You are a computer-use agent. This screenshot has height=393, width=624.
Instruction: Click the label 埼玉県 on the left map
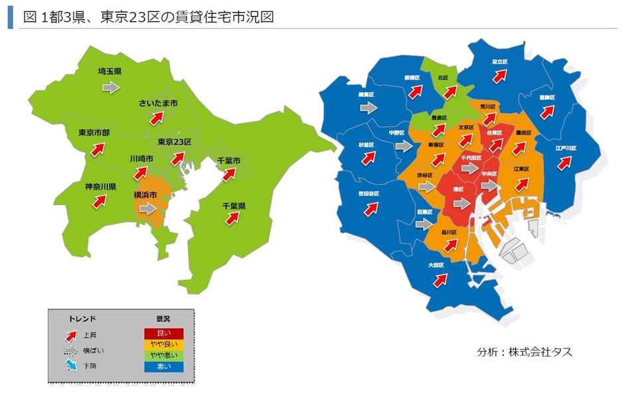(x=109, y=71)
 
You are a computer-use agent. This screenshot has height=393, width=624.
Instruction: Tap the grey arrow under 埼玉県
(x=111, y=87)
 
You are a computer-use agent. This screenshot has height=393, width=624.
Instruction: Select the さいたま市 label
(x=158, y=104)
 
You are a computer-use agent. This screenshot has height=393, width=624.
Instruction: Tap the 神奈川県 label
(x=100, y=187)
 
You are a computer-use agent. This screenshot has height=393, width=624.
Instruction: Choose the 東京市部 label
(x=94, y=132)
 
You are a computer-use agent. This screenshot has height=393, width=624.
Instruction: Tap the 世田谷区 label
(x=368, y=194)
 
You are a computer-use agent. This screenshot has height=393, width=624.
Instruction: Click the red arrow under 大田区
(x=439, y=280)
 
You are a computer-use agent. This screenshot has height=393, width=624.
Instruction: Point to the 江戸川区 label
(x=566, y=148)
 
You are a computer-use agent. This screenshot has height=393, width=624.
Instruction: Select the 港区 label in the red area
(x=457, y=189)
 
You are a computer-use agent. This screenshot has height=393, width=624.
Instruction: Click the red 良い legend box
(x=163, y=333)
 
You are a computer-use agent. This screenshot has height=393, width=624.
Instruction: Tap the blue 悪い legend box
(x=163, y=366)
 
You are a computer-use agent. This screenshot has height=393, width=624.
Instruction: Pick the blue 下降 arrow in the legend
(x=70, y=366)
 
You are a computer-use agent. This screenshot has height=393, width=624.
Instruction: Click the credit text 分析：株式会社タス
(x=524, y=352)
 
